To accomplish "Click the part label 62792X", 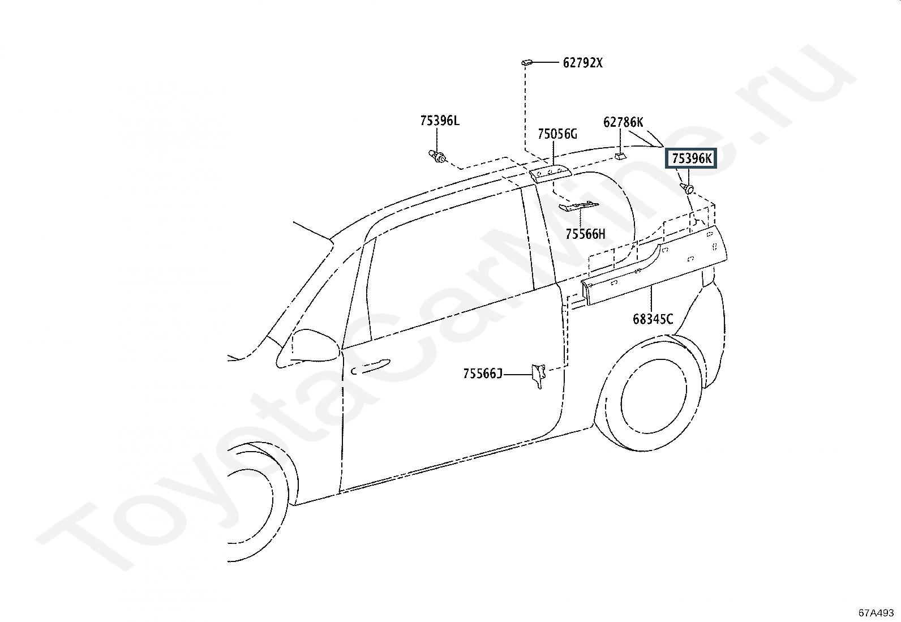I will [x=582, y=63].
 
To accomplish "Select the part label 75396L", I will [x=440, y=121].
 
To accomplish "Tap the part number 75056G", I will [x=557, y=134].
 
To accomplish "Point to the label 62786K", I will [x=623, y=122].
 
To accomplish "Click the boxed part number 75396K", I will [x=692, y=158].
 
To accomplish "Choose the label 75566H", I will [x=585, y=234].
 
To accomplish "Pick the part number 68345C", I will [x=653, y=319].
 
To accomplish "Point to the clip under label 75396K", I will [x=688, y=188].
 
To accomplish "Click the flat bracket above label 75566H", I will [x=578, y=206].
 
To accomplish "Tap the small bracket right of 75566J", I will [x=538, y=375].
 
